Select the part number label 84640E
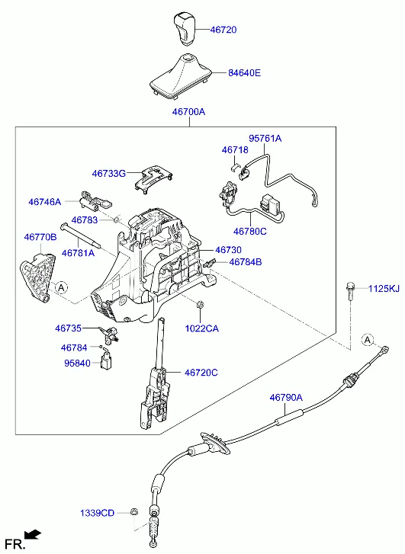[x=244, y=73]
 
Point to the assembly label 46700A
[x=188, y=112]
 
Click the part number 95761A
[x=265, y=139]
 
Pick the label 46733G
[x=108, y=174]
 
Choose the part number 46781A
[x=78, y=253]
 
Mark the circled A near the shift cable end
[x=368, y=339]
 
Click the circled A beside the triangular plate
[x=61, y=287]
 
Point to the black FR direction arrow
[x=33, y=536]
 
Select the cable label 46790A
[x=285, y=397]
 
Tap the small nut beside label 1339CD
[x=133, y=512]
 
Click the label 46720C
[x=201, y=373]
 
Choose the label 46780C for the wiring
[x=249, y=231]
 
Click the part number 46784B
[x=246, y=261]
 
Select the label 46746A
[x=44, y=202]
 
